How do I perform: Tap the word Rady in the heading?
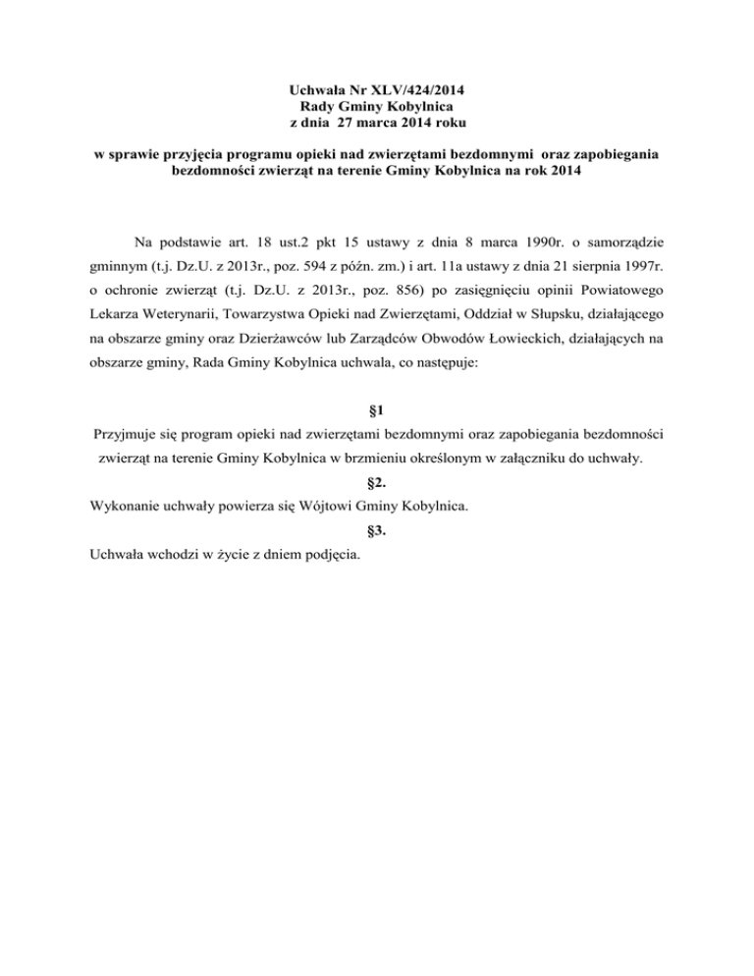[x=313, y=106]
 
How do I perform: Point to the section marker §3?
[x=377, y=532]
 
